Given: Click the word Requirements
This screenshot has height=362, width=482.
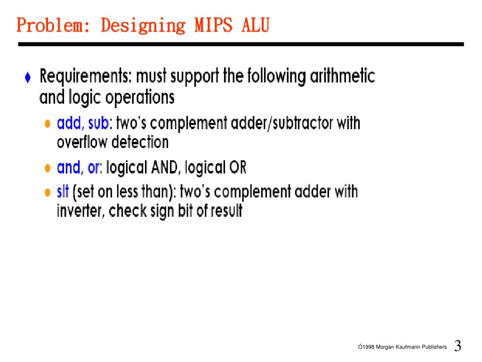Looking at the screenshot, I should click(x=83, y=77).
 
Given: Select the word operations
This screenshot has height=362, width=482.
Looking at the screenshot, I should click(x=140, y=98).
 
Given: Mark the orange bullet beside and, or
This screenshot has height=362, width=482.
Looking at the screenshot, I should click(x=48, y=168).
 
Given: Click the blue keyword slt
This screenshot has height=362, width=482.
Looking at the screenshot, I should click(x=63, y=192).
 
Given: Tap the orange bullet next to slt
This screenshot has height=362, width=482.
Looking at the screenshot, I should click(x=48, y=193).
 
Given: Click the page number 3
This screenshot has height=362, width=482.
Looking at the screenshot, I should click(x=458, y=346).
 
